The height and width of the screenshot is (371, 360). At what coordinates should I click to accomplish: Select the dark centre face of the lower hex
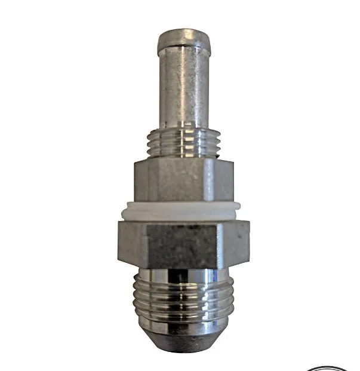179,245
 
